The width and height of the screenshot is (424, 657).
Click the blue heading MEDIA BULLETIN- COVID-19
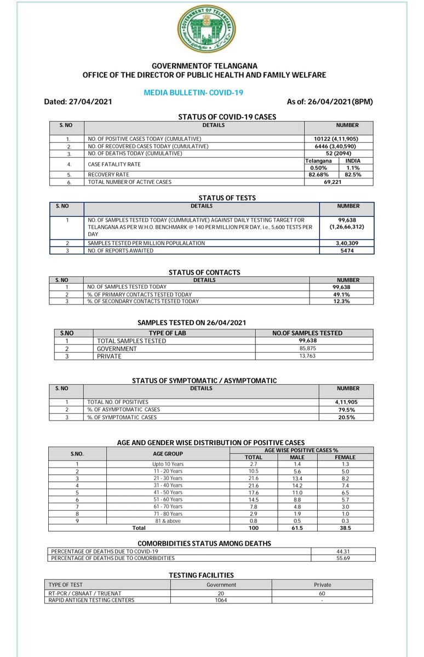pyautogui.click(x=193, y=93)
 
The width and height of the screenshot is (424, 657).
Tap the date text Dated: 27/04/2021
pyautogui.click(x=78, y=102)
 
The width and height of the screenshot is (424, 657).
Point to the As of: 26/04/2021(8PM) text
pyautogui.click(x=331, y=102)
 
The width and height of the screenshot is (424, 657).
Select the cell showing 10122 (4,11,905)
pyautogui.click(x=339, y=139)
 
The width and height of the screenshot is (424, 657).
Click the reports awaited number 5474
pyautogui.click(x=347, y=250)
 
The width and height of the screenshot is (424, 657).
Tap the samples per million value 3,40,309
pyautogui.click(x=347, y=243)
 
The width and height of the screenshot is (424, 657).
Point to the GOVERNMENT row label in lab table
pyautogui.click(x=117, y=348)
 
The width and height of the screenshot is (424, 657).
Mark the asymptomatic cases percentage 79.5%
pyautogui.click(x=347, y=410)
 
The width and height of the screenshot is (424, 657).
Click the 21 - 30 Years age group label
pyautogui.click(x=168, y=478)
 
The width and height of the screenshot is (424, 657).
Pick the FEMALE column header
pyautogui.click(x=345, y=457)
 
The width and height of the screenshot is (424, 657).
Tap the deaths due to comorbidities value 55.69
pyautogui.click(x=343, y=558)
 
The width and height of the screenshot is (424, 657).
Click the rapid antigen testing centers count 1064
pyautogui.click(x=221, y=600)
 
